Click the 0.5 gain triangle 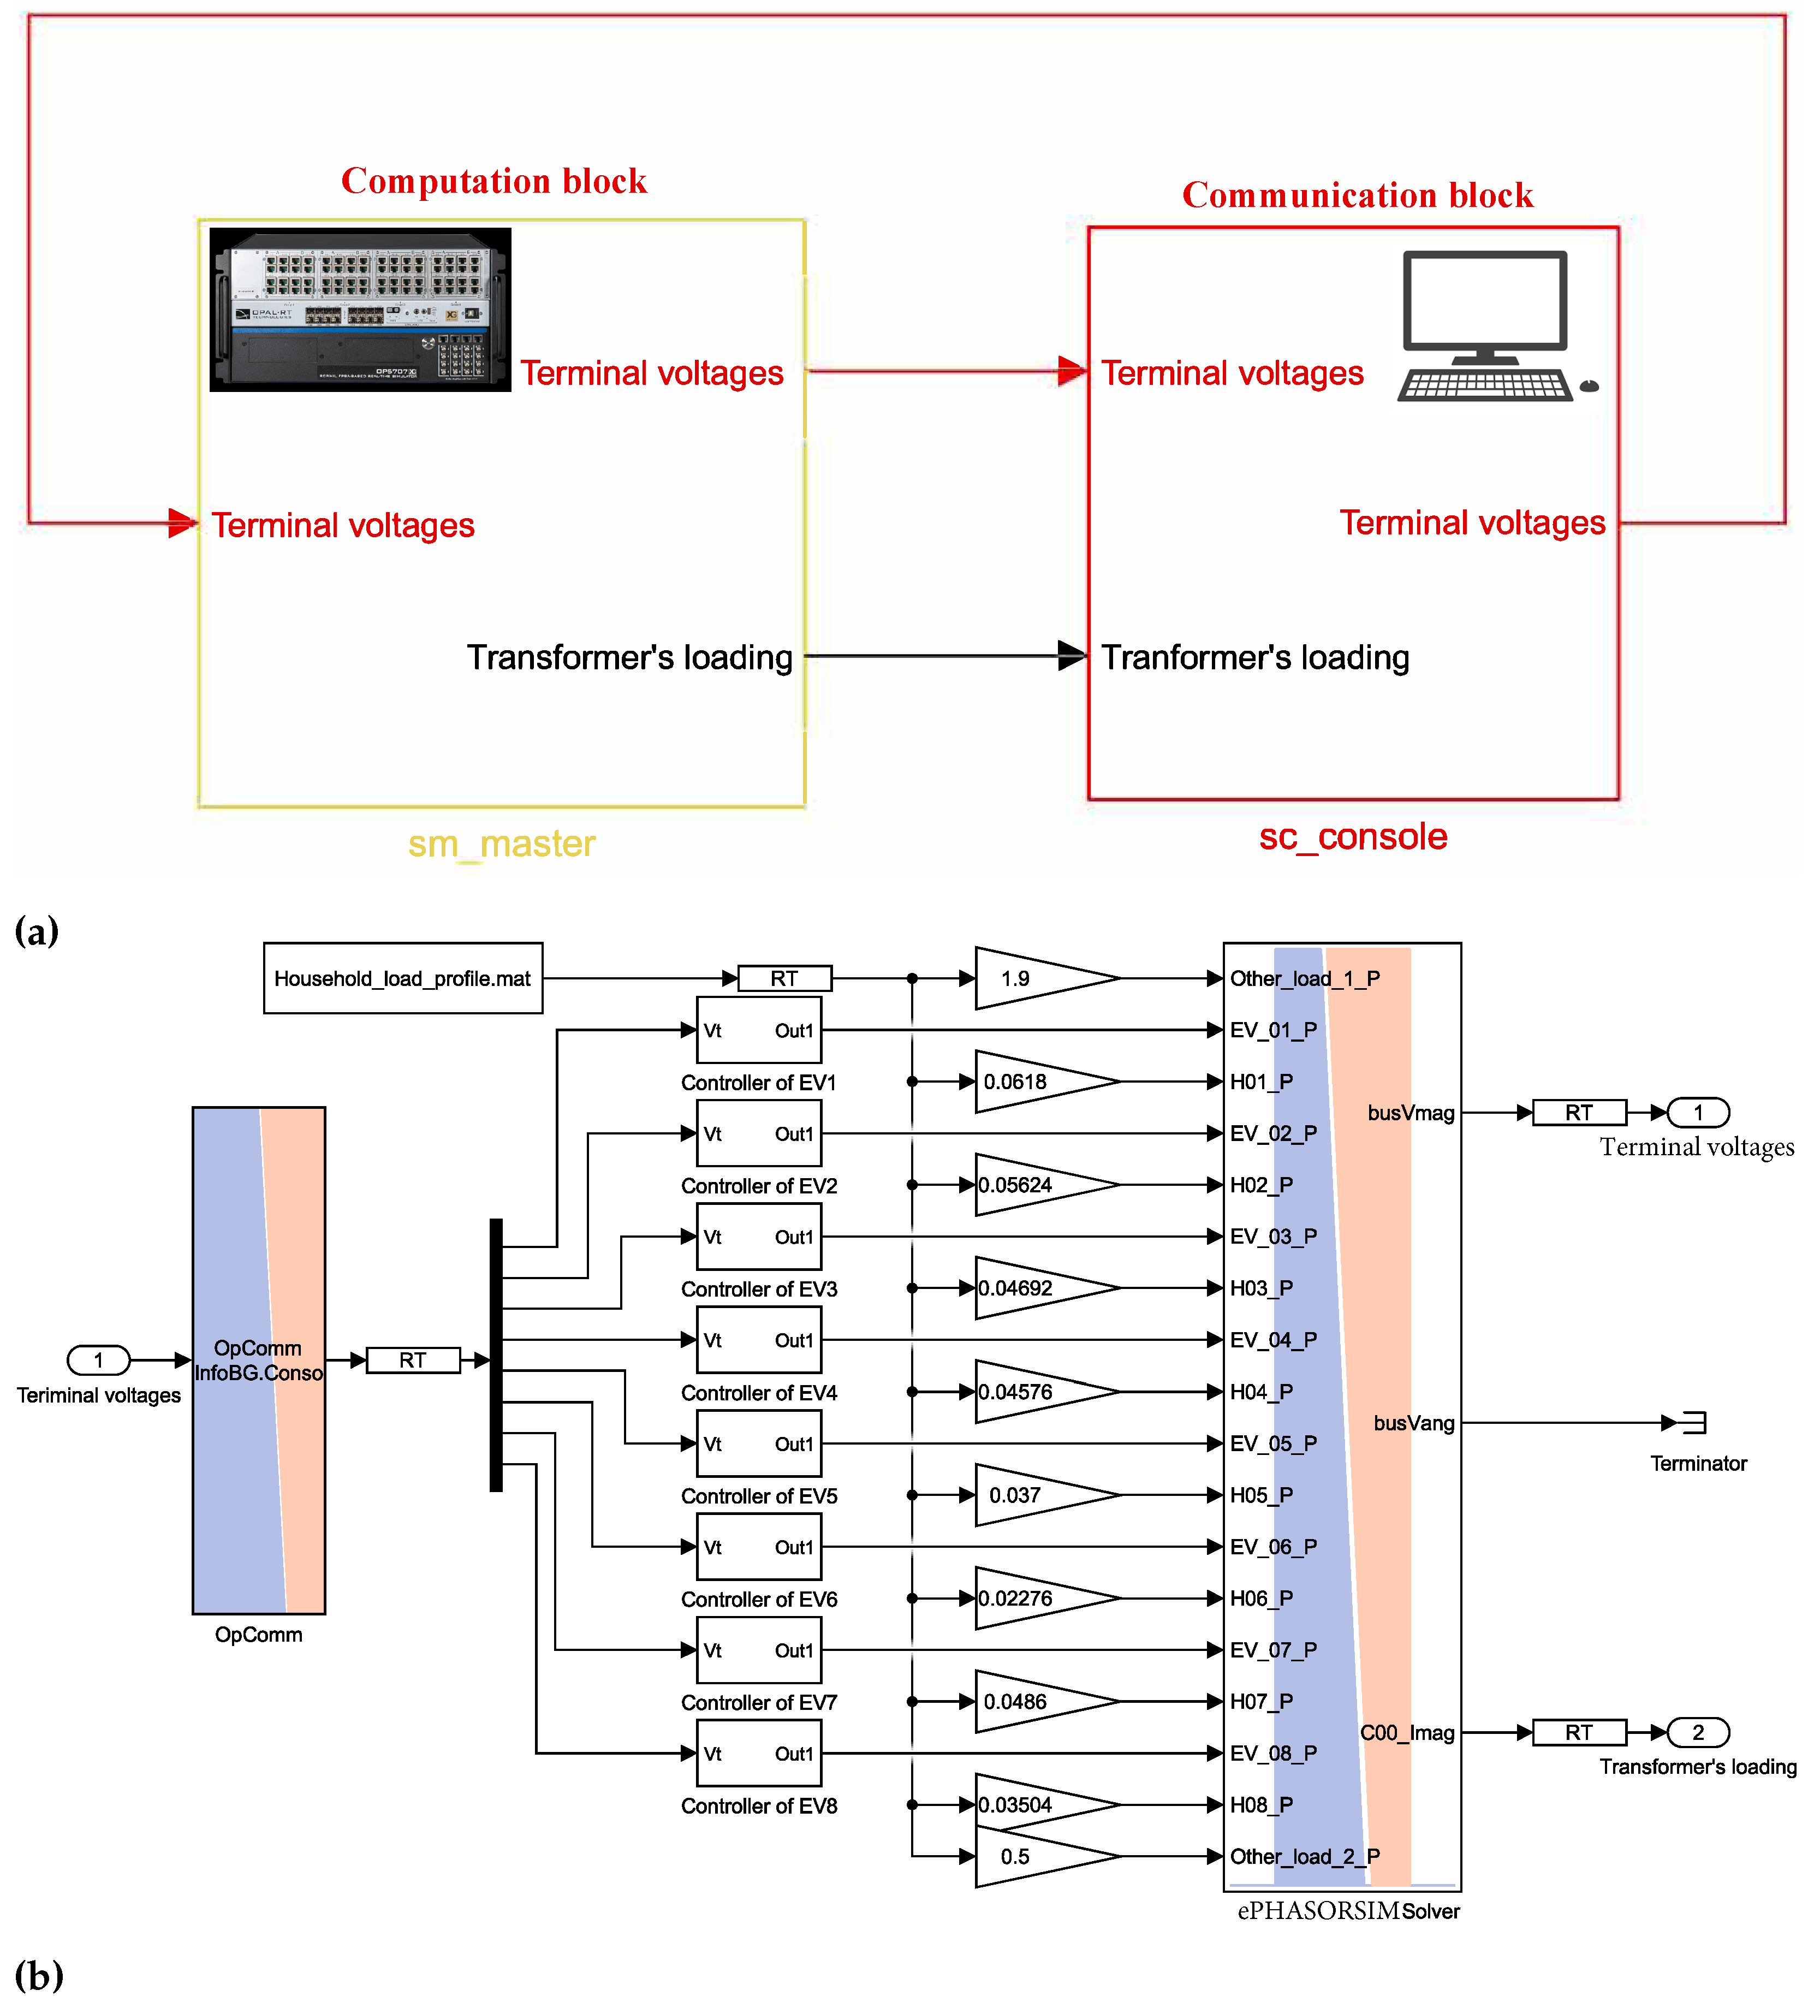(1038, 1856)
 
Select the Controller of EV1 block (759, 1030)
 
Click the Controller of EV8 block (759, 1754)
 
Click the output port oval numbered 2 (1698, 1733)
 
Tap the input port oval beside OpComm (98, 1359)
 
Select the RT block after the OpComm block (413, 1359)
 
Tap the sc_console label (1353, 836)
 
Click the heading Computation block (493, 181)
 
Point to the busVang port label (1414, 1423)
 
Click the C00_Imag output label (1407, 1733)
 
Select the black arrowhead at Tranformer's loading (1072, 656)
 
